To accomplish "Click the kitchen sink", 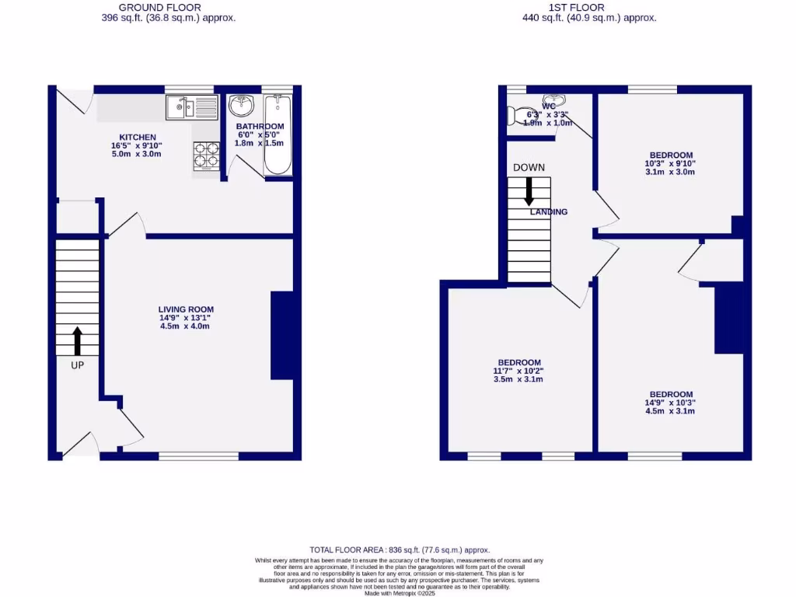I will click(x=191, y=107).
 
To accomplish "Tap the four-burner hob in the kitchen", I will click(x=205, y=154).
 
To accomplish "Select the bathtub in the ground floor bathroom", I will click(x=278, y=134).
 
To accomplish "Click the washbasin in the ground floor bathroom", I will click(x=241, y=105).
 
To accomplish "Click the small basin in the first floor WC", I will click(x=553, y=101).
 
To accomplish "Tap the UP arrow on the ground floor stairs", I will click(x=77, y=340).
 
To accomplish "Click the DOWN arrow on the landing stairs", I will click(x=529, y=191).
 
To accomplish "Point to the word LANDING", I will click(x=549, y=211).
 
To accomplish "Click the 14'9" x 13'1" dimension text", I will click(x=185, y=317).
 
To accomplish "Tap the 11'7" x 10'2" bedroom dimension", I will click(x=519, y=371).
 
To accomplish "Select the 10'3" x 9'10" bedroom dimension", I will click(x=669, y=163).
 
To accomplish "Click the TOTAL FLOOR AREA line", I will click(x=400, y=550).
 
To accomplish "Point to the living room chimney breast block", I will click(x=281, y=335).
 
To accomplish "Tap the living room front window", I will click(x=198, y=456).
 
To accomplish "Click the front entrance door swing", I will click(x=80, y=443).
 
